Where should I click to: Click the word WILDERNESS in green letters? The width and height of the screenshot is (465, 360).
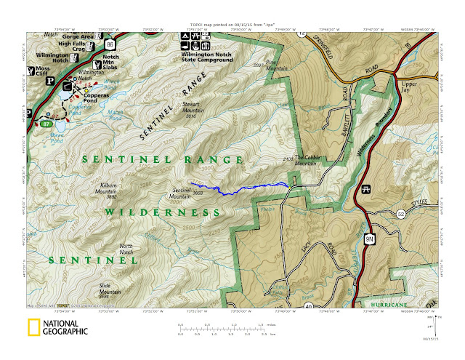click(x=161, y=211)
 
